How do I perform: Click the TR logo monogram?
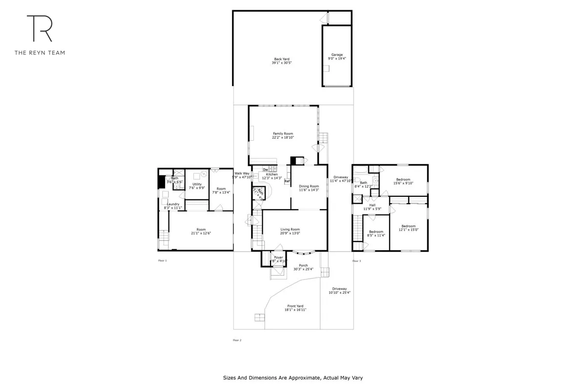point(40,28)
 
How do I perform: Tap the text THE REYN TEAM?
point(40,52)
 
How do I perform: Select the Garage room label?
point(337,55)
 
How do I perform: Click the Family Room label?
point(283,133)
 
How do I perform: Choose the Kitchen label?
point(272,174)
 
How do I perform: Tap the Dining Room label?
point(309,186)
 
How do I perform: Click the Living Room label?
point(290,229)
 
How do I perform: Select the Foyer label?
point(278,257)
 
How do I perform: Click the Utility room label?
point(197,184)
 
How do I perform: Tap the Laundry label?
point(174,204)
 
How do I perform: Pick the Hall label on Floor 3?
point(372,205)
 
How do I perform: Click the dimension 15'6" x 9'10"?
point(403,183)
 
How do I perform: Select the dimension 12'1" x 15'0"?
point(408,230)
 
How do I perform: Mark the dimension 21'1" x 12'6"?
point(201,233)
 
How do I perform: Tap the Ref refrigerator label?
point(287,182)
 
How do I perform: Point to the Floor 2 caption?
point(237,340)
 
